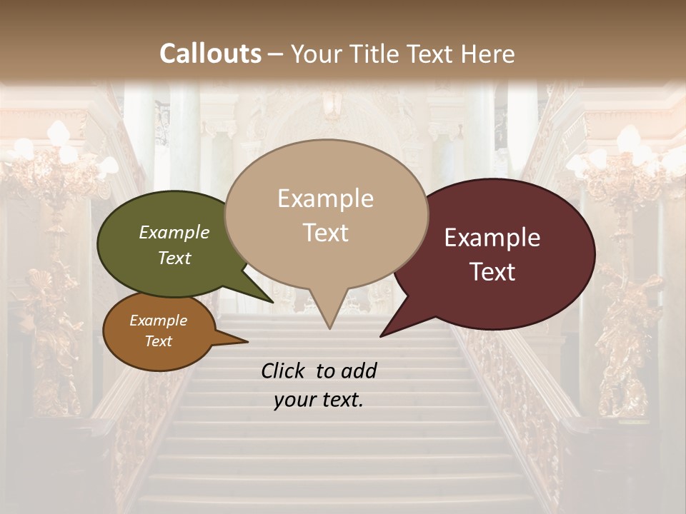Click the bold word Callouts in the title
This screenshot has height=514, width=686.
pos(210,54)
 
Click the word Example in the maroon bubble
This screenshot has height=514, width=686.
pos(492,238)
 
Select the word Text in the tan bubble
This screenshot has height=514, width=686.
pos(326,233)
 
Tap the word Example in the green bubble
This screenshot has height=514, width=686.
pos(174,232)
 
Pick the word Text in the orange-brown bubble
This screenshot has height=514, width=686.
pos(159,341)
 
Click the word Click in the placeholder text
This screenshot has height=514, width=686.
pos(284,371)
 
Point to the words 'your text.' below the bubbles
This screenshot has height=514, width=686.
pos(319,400)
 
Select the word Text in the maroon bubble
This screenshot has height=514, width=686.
pos(492,272)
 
